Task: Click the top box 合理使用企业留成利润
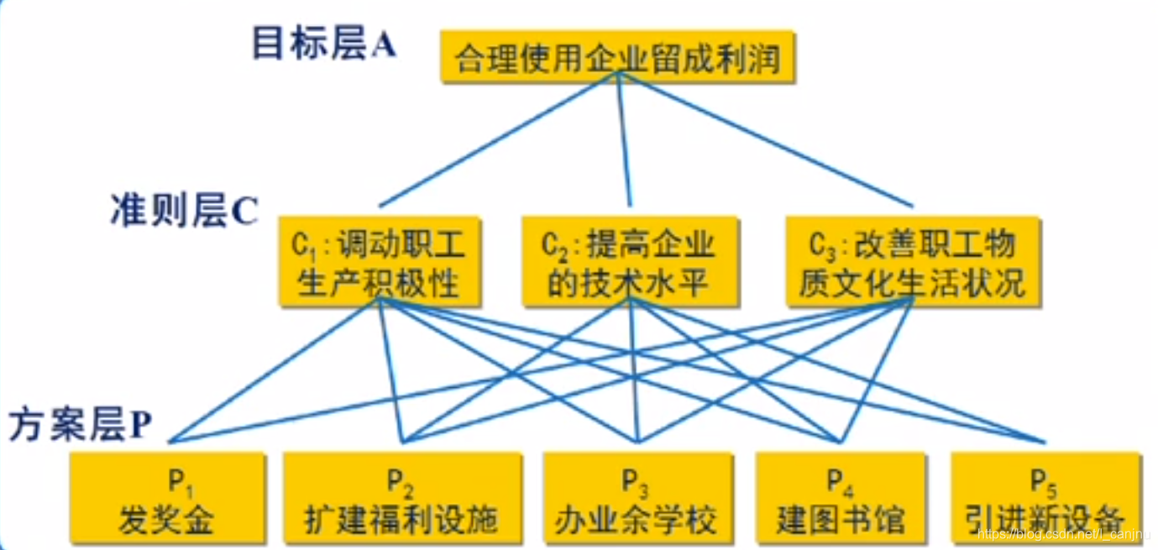point(618,59)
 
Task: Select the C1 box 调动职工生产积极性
point(380,262)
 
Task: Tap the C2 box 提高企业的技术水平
point(630,262)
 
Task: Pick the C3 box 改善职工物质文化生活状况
point(913,262)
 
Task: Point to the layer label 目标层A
point(323,45)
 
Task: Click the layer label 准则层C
point(182,212)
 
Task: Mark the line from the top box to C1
point(499,139)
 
